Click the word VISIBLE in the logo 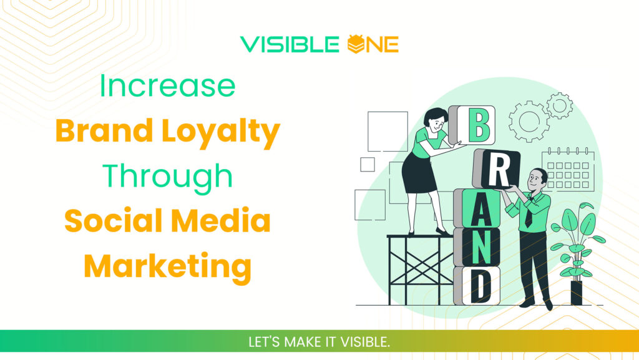tap(290, 44)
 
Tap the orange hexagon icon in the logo tap(354, 44)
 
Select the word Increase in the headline tap(167, 87)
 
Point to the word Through tap(167, 176)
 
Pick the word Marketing tap(167, 266)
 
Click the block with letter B tap(478, 125)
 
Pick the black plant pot tap(576, 293)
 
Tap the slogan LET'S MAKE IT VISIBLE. tap(319, 343)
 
